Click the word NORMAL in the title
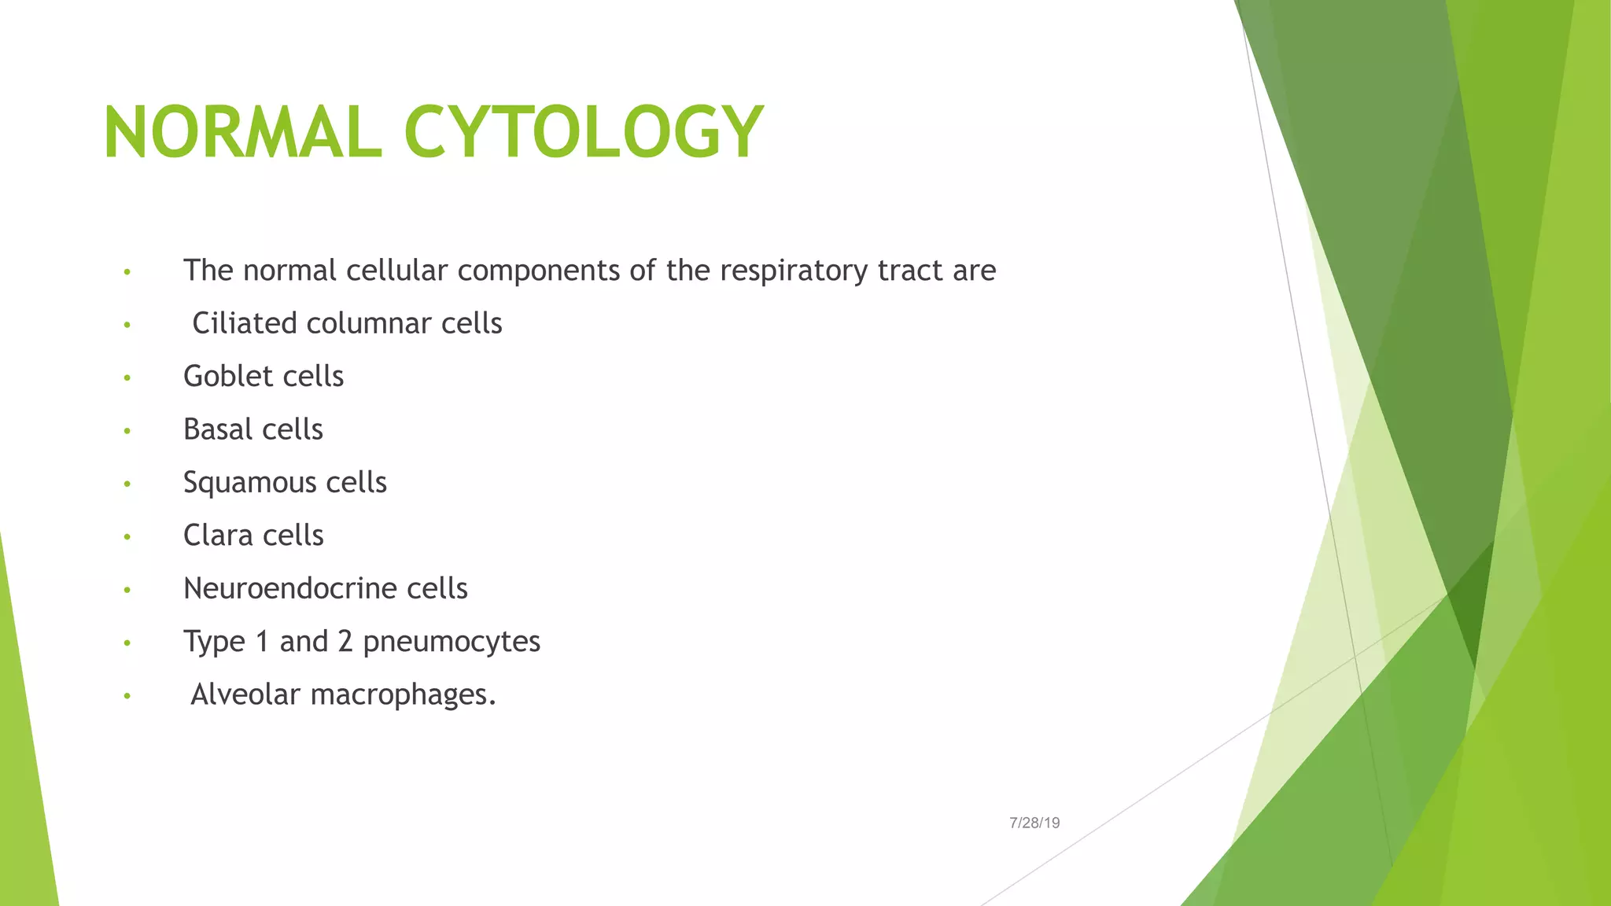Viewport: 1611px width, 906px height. pyautogui.click(x=242, y=132)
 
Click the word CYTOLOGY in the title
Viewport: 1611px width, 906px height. pyautogui.click(x=583, y=132)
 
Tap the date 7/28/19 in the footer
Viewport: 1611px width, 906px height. pyautogui.click(x=1034, y=823)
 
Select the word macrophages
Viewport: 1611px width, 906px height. pyautogui.click(x=404, y=694)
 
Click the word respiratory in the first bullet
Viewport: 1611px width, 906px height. pyautogui.click(x=794, y=271)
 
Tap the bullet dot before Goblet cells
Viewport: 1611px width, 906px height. pyautogui.click(x=127, y=378)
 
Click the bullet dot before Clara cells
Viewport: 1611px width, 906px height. pyautogui.click(x=127, y=537)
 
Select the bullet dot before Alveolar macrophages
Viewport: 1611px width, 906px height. pyautogui.click(x=127, y=696)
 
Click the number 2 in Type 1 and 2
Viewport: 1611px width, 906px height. pyautogui.click(x=345, y=642)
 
